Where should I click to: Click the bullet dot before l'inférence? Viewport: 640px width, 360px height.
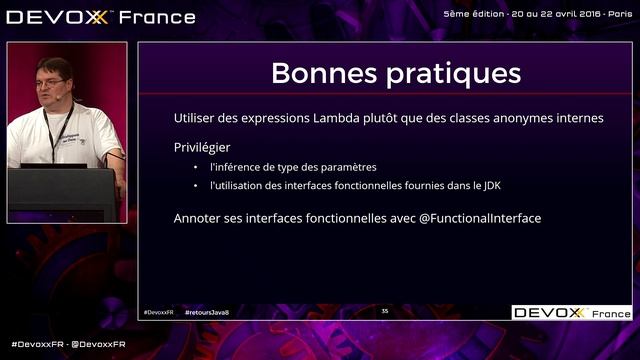click(x=196, y=168)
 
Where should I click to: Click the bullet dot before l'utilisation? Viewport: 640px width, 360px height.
click(x=196, y=187)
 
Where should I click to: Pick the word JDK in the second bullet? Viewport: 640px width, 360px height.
click(x=492, y=187)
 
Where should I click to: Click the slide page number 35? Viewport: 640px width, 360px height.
click(x=385, y=312)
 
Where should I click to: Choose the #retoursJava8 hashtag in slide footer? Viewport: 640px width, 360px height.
click(x=208, y=313)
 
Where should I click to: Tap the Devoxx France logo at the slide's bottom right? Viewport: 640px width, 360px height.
click(x=572, y=313)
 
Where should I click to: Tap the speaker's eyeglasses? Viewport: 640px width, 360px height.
click(x=51, y=82)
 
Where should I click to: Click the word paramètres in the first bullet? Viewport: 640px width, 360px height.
click(x=348, y=168)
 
